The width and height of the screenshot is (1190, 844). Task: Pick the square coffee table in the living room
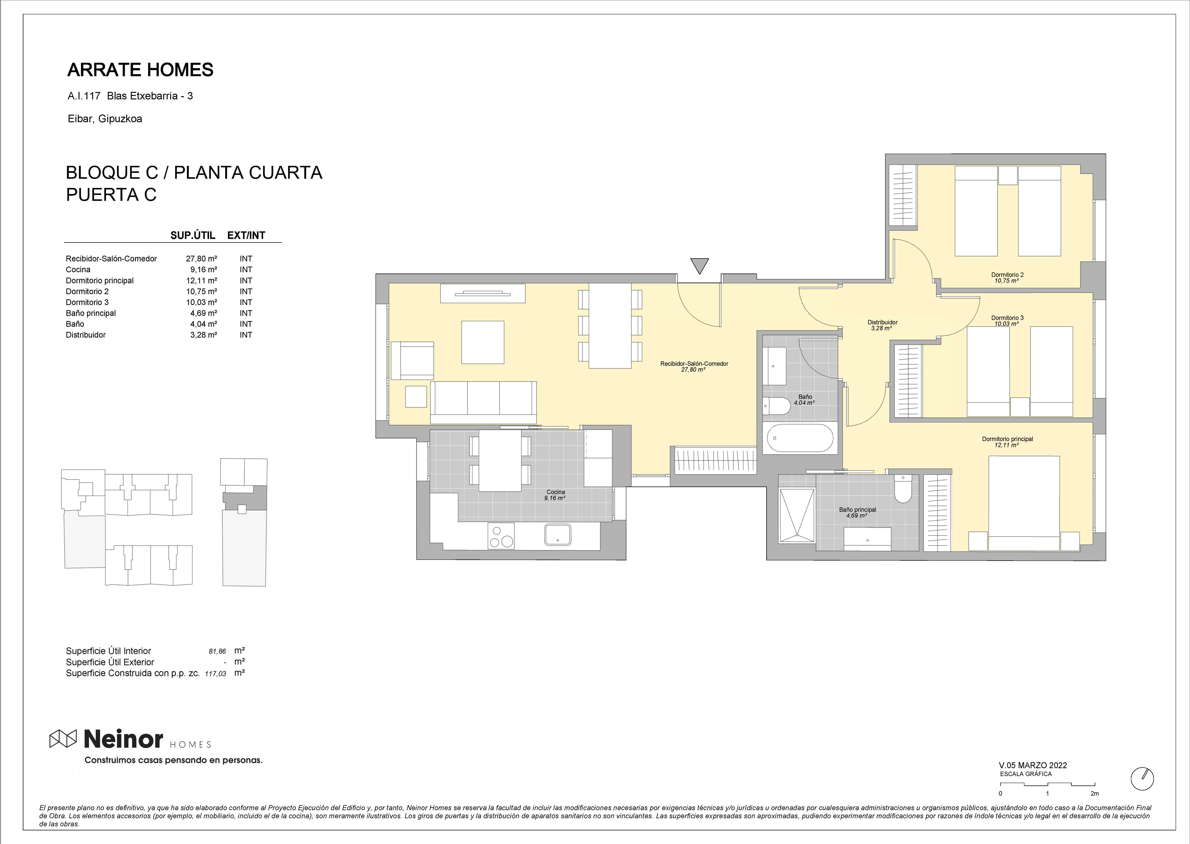(x=483, y=342)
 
